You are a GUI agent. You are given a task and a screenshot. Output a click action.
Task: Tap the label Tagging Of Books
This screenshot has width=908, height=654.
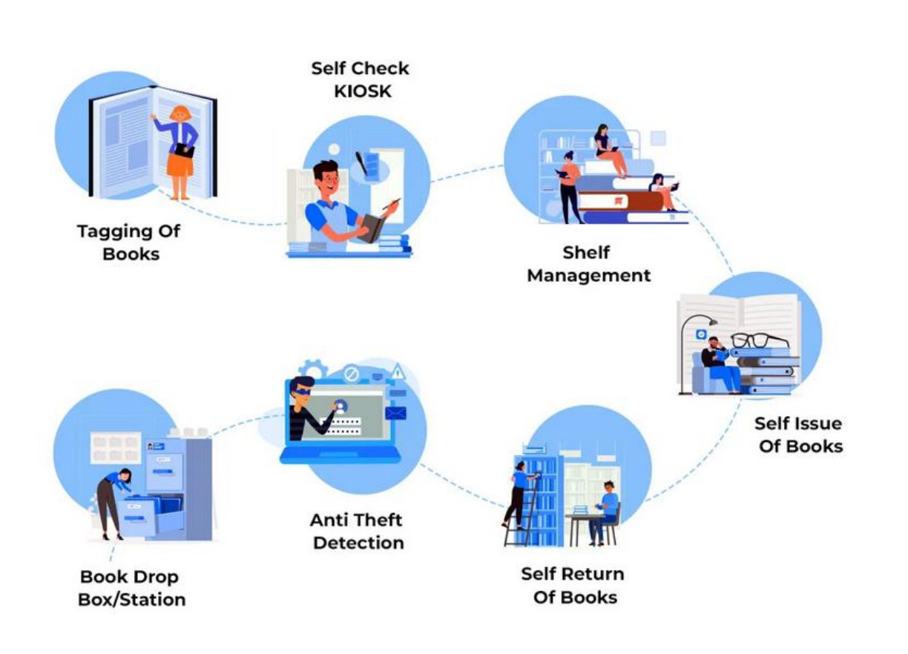(129, 242)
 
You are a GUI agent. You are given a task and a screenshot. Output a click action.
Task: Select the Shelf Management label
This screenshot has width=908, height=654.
(588, 263)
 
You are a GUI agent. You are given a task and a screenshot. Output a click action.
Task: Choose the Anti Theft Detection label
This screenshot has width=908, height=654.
(358, 531)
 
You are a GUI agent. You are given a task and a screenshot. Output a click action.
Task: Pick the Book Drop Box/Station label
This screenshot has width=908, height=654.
(131, 588)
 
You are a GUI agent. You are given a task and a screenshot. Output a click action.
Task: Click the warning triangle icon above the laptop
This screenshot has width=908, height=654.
(398, 370)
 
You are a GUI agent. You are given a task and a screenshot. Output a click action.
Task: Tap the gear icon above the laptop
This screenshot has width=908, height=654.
(313, 369)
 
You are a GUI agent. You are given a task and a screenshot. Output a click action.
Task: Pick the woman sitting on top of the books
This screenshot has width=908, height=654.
(608, 148)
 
